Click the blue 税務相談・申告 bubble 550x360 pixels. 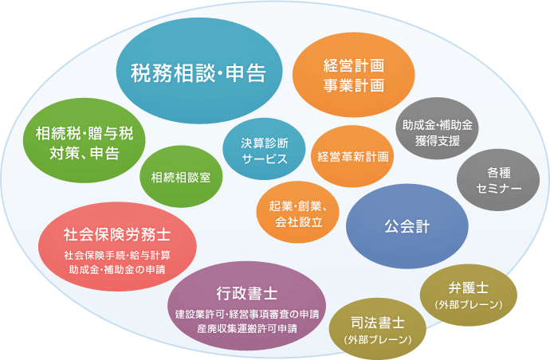coord(199,70)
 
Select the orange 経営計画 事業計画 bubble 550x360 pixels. coord(354,75)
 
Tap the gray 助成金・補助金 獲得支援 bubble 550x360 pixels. coord(437,128)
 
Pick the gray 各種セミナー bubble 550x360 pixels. coord(498,180)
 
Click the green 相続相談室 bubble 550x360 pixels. coord(181,177)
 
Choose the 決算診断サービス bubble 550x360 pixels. coord(264,149)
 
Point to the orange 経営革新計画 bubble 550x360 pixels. coord(352,156)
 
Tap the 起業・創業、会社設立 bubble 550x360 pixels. coord(298,212)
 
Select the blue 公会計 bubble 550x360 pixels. coord(407,226)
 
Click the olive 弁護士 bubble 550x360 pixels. coord(469,295)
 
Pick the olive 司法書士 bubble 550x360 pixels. coord(378,329)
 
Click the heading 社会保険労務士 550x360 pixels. coord(117,234)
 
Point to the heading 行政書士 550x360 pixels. coord(247,293)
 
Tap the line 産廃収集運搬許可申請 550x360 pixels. coord(247,329)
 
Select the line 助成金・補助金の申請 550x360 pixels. coord(117,270)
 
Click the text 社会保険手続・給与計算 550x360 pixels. coord(117,255)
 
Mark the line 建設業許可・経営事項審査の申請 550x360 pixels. coord(247,314)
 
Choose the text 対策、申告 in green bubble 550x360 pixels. coord(84,153)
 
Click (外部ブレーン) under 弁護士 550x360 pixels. coord(469,304)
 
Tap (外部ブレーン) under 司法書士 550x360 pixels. coord(378,339)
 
